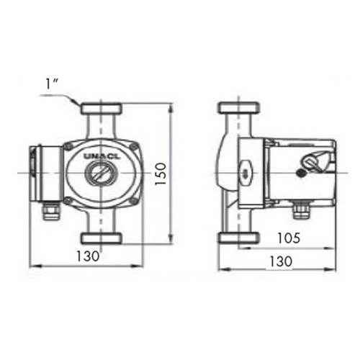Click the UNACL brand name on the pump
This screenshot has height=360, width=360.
pyautogui.click(x=102, y=154)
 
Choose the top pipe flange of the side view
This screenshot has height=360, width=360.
pyautogui.click(x=237, y=109)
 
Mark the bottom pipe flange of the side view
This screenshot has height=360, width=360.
pyautogui.click(x=237, y=238)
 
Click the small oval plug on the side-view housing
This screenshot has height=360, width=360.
pyautogui.click(x=245, y=174)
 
